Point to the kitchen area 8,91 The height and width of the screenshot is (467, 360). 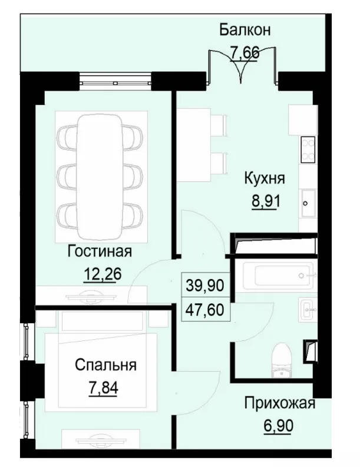265,200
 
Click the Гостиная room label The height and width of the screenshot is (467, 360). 99,251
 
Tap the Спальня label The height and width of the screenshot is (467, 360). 105,365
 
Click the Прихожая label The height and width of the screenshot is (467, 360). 280,404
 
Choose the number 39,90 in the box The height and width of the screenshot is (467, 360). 205,286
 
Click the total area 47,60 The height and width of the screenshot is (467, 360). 205,309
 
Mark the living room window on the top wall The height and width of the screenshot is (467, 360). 115,80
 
